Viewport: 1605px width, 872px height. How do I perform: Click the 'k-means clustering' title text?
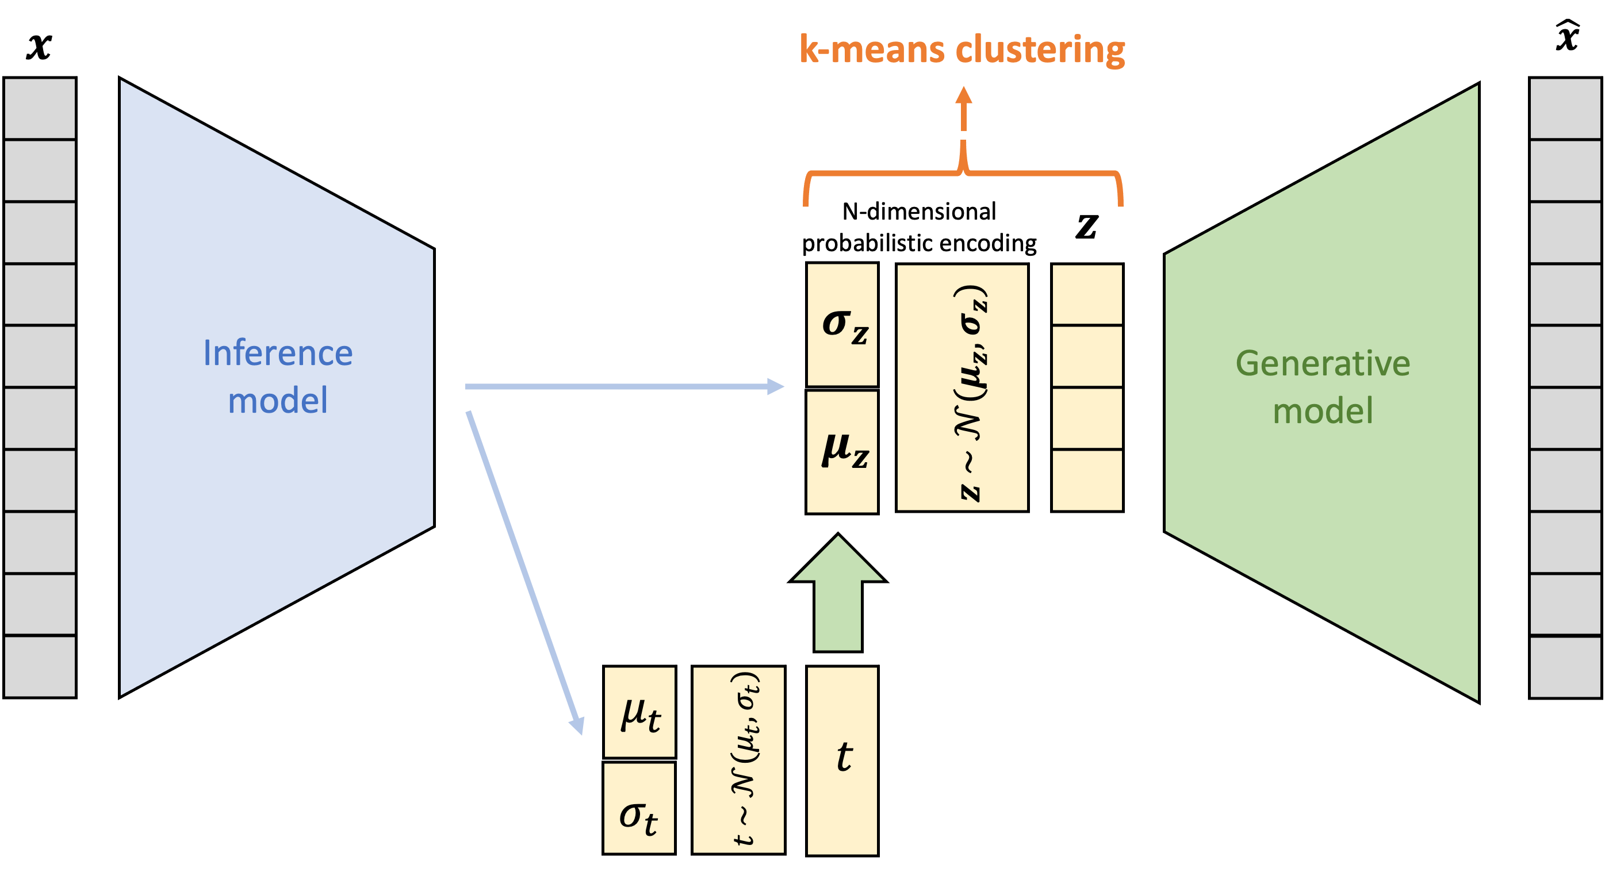(962, 50)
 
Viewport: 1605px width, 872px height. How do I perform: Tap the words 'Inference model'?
(278, 376)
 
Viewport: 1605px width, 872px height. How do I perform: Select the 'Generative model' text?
(1322, 387)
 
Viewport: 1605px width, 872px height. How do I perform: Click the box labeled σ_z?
(842, 325)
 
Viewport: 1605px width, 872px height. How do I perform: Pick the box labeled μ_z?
(842, 452)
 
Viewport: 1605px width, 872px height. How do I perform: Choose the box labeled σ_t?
(639, 808)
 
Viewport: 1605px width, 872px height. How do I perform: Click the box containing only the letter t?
(842, 760)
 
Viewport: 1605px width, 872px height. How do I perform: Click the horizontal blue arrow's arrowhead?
(775, 387)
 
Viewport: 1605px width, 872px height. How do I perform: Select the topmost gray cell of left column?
(40, 109)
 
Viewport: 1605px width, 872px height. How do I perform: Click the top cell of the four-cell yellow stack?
(1087, 295)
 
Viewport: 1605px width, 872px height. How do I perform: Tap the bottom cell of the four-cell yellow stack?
(1087, 480)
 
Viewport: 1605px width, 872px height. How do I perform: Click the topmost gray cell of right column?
(1565, 109)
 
